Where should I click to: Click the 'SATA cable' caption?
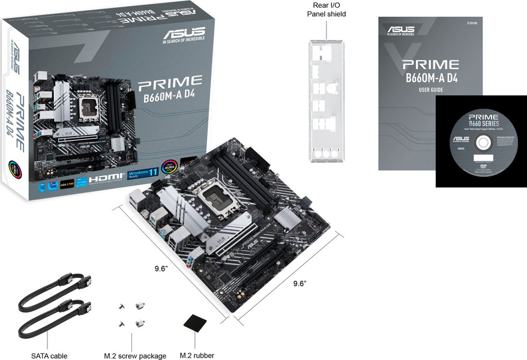(49, 356)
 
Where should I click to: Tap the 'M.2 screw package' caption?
(136, 356)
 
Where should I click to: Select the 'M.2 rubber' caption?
(197, 355)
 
